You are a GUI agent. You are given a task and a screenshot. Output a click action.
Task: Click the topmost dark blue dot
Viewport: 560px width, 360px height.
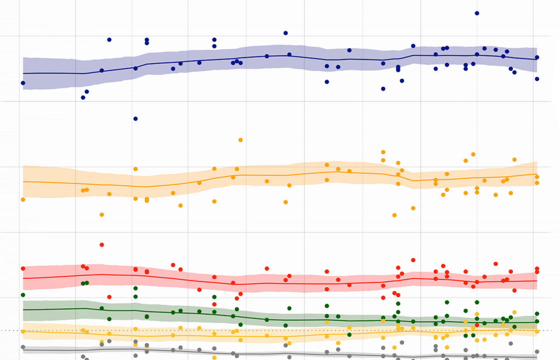pos(477,13)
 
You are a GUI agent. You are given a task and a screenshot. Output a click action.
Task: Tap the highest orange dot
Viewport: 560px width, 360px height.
pos(240,140)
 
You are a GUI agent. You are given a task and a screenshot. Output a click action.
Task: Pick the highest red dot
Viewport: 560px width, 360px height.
pos(102,245)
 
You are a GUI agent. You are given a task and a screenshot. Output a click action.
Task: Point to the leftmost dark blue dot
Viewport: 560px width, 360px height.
pos(23,83)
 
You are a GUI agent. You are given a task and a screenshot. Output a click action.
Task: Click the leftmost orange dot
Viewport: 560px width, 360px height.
pos(23,200)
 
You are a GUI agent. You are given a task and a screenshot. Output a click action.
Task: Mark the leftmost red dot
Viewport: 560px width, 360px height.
pos(23,268)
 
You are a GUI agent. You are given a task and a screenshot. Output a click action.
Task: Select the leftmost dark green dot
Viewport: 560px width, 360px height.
pos(23,295)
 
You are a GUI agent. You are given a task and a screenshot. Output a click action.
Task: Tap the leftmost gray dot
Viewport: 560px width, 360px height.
pos(23,347)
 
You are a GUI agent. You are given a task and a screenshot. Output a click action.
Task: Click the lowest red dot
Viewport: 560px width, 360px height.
pos(477,325)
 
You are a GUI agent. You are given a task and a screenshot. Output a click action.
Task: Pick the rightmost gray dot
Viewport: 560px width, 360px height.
pos(537,352)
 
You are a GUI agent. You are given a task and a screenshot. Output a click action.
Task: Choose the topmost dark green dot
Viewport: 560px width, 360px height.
pos(136,288)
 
